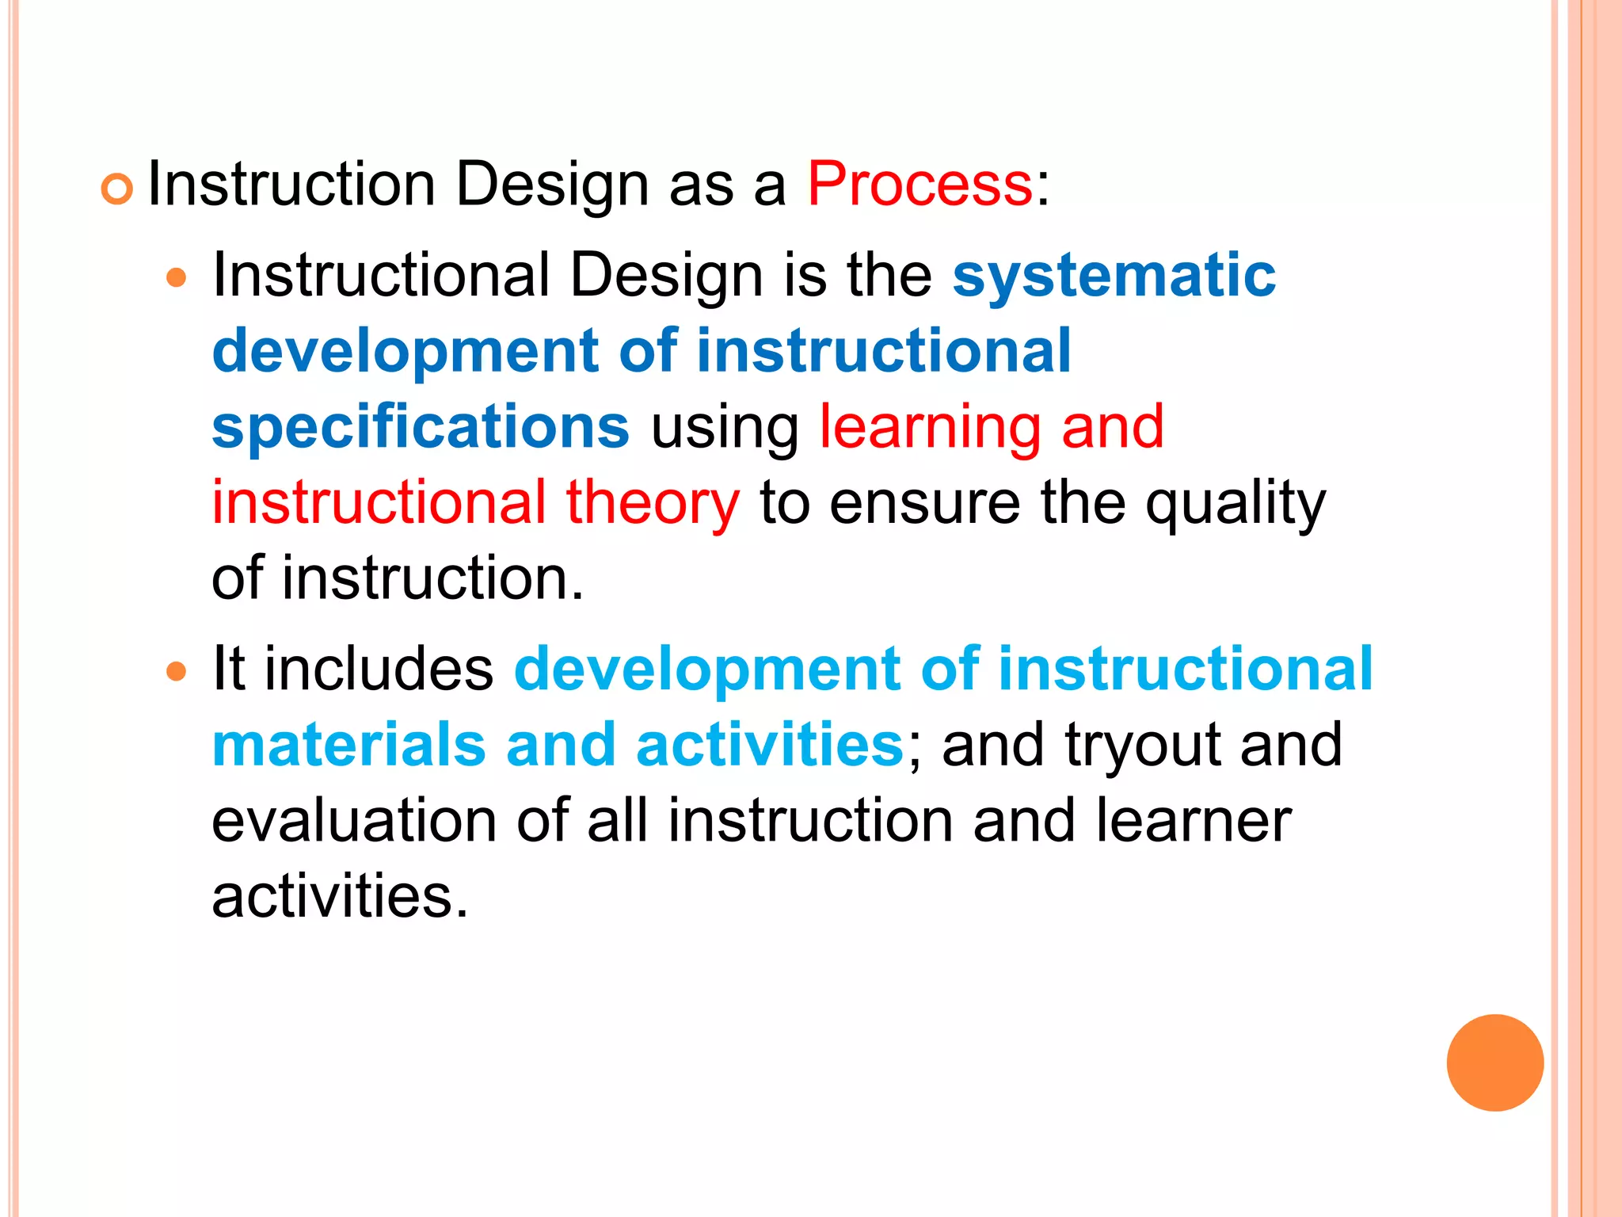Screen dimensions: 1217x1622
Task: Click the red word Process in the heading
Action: click(920, 184)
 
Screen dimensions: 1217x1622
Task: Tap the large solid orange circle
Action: click(1494, 1062)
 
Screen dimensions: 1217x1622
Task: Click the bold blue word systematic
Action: click(1114, 275)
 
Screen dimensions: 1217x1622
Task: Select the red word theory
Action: click(653, 504)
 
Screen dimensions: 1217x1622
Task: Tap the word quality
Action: click(1235, 504)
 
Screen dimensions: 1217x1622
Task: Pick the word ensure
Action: click(925, 504)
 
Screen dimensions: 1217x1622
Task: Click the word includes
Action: click(379, 669)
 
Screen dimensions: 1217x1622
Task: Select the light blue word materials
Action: click(348, 745)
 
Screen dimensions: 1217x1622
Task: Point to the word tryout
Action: click(1142, 746)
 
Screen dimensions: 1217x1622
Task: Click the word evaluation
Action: click(354, 821)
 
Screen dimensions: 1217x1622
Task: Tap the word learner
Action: click(1194, 821)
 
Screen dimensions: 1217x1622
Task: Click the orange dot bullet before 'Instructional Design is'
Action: click(177, 278)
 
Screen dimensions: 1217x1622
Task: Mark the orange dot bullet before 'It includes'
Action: click(177, 672)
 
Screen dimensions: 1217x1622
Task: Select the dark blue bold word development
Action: click(405, 352)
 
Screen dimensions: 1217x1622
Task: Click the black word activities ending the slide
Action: click(339, 897)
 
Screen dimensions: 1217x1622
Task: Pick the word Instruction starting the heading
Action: click(291, 184)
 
